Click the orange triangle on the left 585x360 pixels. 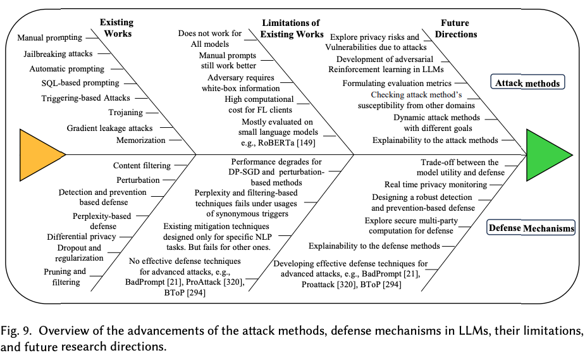pos(39,155)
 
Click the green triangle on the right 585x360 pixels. pos(546,155)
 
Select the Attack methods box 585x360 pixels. pos(527,82)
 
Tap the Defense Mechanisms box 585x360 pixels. pos(531,228)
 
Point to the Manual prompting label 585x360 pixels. pos(49,38)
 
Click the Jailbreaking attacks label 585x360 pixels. pos(58,54)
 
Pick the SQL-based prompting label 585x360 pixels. pos(80,83)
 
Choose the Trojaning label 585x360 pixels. pos(125,112)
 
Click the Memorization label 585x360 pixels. pos(140,140)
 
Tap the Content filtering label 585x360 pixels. pos(142,165)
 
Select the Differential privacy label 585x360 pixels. pos(82,237)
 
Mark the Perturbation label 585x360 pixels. pos(138,180)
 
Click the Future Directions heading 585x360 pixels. pos(455,28)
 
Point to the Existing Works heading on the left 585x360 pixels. pos(117,28)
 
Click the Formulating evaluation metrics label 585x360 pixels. pos(397,83)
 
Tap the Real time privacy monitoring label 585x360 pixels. pos(436,185)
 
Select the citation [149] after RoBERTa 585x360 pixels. pos(305,142)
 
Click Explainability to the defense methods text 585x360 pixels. pos(374,246)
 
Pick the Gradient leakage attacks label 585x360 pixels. pos(109,128)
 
